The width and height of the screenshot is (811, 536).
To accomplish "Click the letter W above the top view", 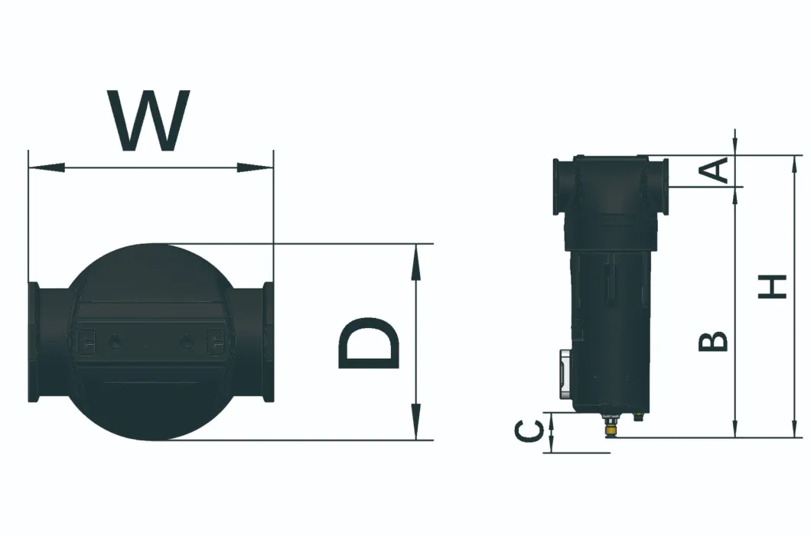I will coord(149,121).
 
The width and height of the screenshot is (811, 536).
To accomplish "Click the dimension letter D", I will coord(369,343).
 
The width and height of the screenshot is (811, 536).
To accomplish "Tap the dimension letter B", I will coord(712,341).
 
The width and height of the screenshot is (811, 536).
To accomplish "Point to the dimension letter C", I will coord(528,433).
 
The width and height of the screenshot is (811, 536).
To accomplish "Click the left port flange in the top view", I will coord(34,342).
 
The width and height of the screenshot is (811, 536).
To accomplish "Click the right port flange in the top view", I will coord(267,342).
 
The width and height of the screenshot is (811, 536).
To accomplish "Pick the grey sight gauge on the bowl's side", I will coord(562,375).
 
